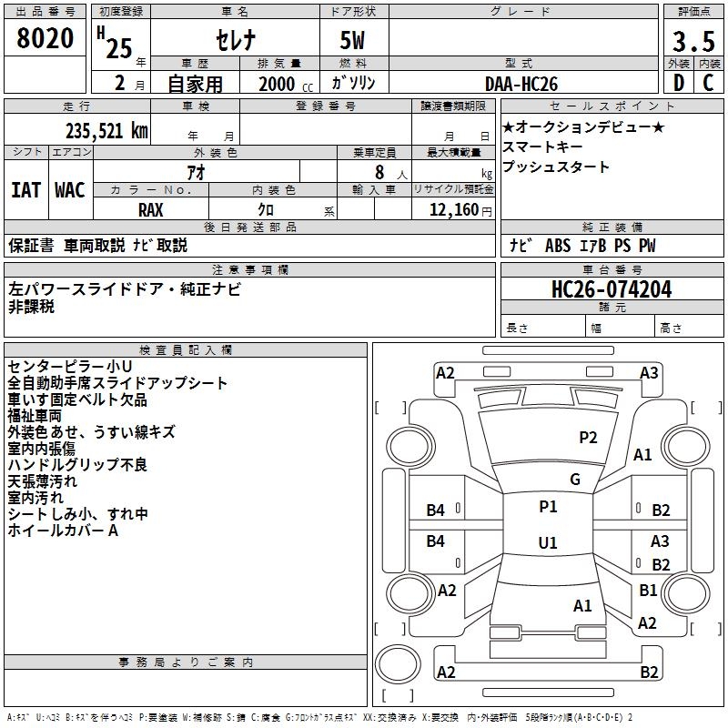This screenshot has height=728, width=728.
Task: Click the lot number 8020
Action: pyautogui.click(x=45, y=37)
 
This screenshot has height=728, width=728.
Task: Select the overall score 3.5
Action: pyautogui.click(x=693, y=41)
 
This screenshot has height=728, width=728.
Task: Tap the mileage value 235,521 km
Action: pyautogui.click(x=106, y=131)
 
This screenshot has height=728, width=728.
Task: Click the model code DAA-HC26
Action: pyautogui.click(x=521, y=84)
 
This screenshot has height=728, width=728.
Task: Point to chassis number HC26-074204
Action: pyautogui.click(x=612, y=289)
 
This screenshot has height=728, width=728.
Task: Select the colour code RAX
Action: pyautogui.click(x=151, y=210)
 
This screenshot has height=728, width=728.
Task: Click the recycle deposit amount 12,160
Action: pyautogui.click(x=454, y=209)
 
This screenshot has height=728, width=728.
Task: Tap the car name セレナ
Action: pyautogui.click(x=236, y=40)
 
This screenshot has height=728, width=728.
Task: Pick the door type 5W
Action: pyautogui.click(x=352, y=40)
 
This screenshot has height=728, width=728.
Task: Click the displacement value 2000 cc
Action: pyautogui.click(x=286, y=84)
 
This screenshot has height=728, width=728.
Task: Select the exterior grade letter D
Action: pyautogui.click(x=679, y=83)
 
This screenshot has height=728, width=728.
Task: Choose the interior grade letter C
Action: pyautogui.click(x=708, y=83)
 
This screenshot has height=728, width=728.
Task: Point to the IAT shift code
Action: pyautogui.click(x=26, y=190)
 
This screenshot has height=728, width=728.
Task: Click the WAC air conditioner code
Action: pyautogui.click(x=70, y=190)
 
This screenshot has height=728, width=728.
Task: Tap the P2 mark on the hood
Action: pyautogui.click(x=588, y=438)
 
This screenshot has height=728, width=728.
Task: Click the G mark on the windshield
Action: pyautogui.click(x=575, y=480)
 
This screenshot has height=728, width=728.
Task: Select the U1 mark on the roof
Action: pyautogui.click(x=548, y=542)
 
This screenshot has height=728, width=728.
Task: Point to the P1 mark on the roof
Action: pyautogui.click(x=548, y=507)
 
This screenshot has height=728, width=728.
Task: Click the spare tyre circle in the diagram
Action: pyautogui.click(x=398, y=663)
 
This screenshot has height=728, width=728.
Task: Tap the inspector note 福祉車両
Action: pyautogui.click(x=35, y=416)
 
